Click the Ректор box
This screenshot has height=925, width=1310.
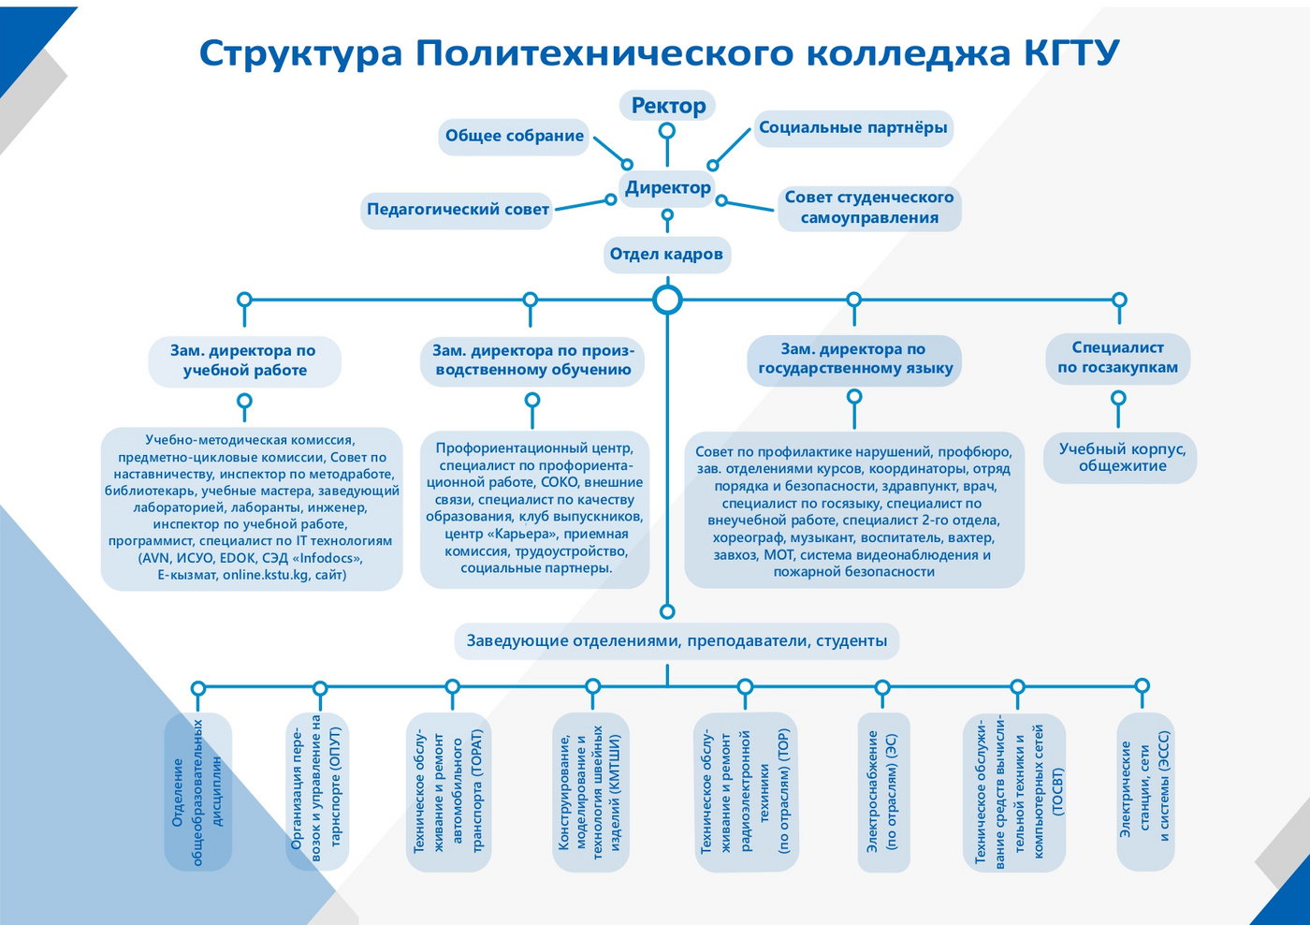point(667,106)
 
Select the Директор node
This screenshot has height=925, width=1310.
point(667,188)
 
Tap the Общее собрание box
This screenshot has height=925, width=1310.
point(514,137)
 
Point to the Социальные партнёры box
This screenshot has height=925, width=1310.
point(852,128)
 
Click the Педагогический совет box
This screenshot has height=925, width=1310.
point(458,210)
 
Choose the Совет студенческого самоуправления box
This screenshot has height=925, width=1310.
point(869,208)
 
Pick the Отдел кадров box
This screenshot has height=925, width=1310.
point(666,255)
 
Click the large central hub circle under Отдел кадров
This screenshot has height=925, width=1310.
point(667,301)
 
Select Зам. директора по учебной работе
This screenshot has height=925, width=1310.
point(244,360)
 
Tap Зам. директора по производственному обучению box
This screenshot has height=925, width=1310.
point(532,360)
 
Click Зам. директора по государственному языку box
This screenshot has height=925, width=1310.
point(854,360)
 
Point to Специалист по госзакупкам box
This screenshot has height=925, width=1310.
point(1117,358)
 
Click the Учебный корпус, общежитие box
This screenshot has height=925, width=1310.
point(1121,458)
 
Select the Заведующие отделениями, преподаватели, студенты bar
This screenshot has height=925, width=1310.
point(677,641)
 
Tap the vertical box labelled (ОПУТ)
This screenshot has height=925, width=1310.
point(318,792)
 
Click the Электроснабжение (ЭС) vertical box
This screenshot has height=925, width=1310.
point(883,792)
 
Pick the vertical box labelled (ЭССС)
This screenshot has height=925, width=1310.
point(1145,792)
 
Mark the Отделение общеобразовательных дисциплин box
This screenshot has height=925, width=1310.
point(197,792)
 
